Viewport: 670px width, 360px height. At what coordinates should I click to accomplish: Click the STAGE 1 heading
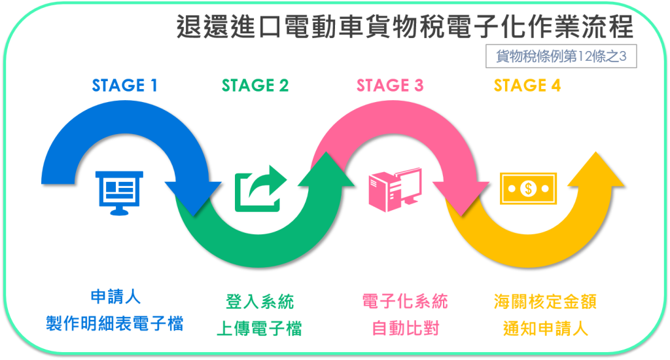tap(124, 86)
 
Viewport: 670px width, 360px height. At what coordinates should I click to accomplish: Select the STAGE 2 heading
tap(255, 86)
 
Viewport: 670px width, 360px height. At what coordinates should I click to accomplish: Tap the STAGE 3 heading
tap(390, 86)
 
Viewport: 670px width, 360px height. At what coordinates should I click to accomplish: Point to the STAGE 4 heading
tap(527, 86)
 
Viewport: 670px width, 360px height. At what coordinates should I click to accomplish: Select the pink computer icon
tap(394, 190)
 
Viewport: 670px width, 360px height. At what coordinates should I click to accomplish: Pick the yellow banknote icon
tap(528, 189)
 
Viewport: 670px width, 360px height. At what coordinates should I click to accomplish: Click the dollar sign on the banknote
tap(528, 189)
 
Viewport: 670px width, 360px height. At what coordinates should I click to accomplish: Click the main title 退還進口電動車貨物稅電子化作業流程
tap(405, 28)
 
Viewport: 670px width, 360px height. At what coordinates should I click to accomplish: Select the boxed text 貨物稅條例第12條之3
tap(561, 56)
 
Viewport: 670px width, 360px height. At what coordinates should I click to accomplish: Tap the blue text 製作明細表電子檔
tap(115, 323)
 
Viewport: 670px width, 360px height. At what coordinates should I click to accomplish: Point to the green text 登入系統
tap(259, 302)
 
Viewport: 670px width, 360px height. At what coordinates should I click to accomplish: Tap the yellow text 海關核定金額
tap(545, 302)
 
